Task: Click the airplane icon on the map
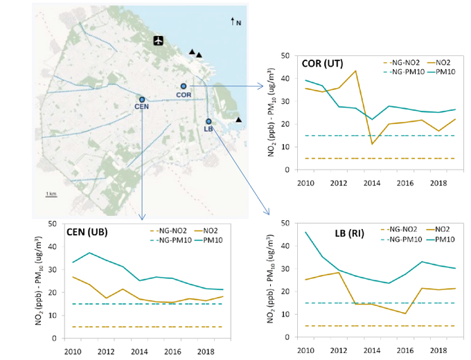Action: click(x=159, y=39)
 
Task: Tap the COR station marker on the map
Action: click(x=184, y=87)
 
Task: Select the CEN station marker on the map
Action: click(x=141, y=100)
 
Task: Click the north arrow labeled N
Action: click(x=234, y=23)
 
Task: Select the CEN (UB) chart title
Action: click(x=89, y=232)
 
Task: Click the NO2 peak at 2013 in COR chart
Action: click(x=355, y=71)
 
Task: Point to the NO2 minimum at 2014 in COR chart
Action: click(x=372, y=143)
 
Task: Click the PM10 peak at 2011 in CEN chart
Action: click(x=89, y=253)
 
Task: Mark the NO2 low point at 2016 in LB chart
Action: click(x=405, y=314)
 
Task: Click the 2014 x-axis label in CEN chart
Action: click(x=139, y=351)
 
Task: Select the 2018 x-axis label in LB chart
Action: click(x=438, y=350)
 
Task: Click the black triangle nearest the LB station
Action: click(x=238, y=120)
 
